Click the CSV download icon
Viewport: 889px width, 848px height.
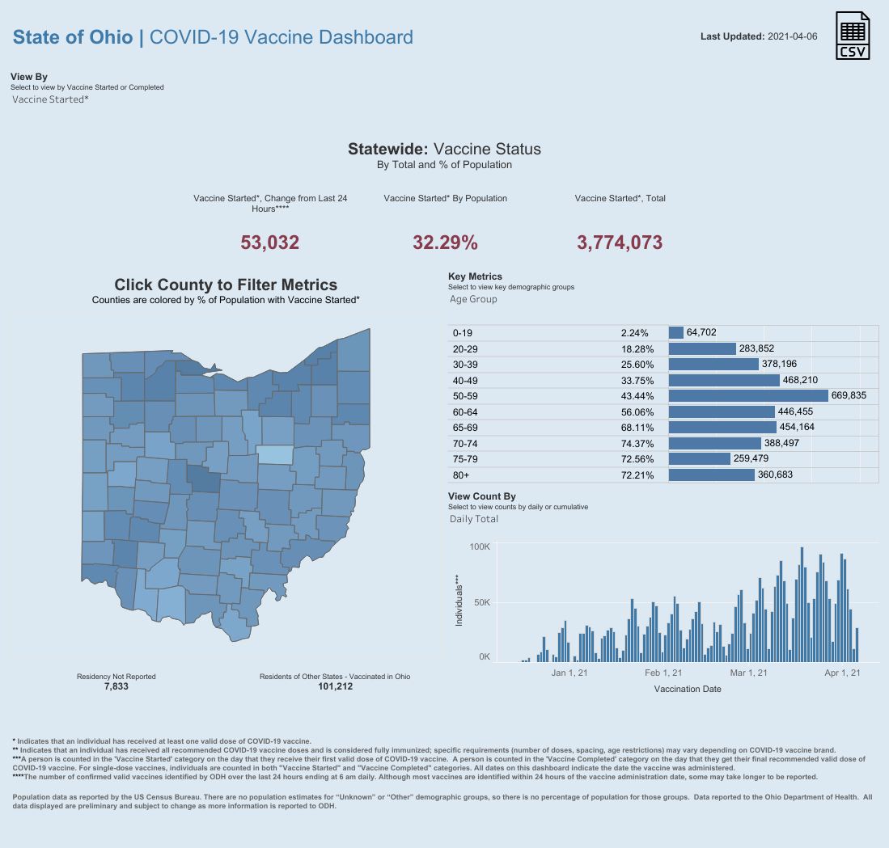(853, 36)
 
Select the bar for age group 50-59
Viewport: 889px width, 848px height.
(749, 395)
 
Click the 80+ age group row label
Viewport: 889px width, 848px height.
(462, 475)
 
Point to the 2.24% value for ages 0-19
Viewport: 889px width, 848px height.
(634, 333)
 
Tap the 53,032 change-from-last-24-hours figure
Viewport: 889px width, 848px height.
(270, 242)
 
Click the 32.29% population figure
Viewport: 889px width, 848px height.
(445, 242)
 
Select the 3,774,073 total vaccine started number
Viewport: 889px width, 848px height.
(620, 242)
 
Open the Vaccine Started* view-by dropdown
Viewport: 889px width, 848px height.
(50, 99)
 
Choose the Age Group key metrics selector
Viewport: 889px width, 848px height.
(473, 299)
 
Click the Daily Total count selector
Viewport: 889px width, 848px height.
(474, 519)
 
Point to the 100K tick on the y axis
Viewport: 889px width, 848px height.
(480, 547)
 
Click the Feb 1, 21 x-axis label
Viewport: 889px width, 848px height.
(663, 673)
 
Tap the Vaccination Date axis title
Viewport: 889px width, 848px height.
(687, 690)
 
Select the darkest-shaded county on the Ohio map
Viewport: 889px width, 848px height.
(204, 478)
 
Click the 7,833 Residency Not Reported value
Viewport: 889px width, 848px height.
(116, 686)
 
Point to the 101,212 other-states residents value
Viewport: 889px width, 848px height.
(335, 686)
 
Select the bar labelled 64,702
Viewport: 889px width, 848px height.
(676, 332)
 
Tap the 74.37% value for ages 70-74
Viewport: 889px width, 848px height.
(635, 444)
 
